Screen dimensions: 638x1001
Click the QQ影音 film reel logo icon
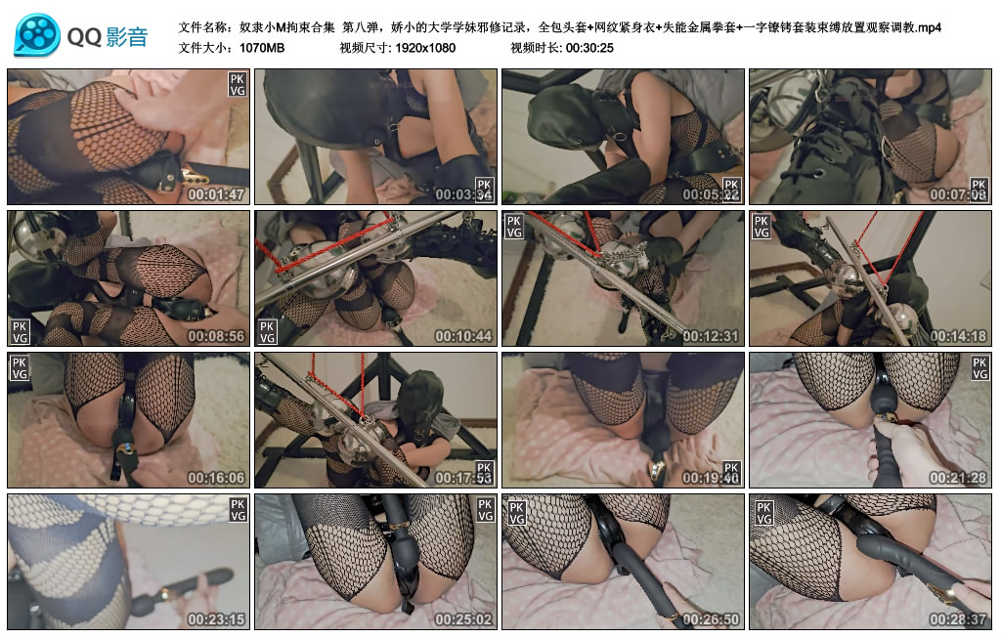tap(37, 35)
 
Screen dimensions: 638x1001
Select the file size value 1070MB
tap(262, 48)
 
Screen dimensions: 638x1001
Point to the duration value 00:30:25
tap(587, 48)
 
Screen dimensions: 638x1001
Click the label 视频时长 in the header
tap(534, 48)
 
